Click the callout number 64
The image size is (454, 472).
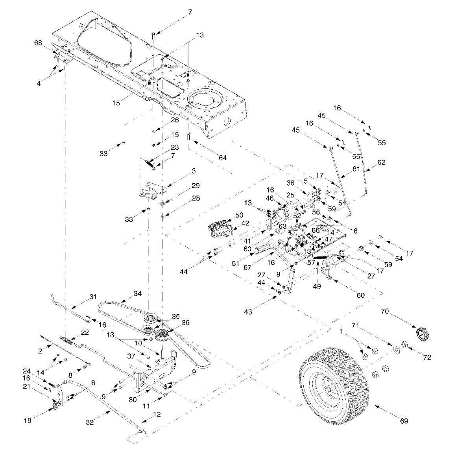(223, 158)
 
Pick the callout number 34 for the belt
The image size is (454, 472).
(137, 293)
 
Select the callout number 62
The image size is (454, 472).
(381, 162)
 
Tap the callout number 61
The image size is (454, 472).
(356, 169)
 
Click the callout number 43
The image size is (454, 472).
(248, 312)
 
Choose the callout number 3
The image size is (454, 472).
(194, 171)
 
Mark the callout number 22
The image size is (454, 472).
(85, 332)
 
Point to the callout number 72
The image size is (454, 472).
(427, 357)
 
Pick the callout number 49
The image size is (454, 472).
(317, 286)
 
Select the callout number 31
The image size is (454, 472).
(92, 297)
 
